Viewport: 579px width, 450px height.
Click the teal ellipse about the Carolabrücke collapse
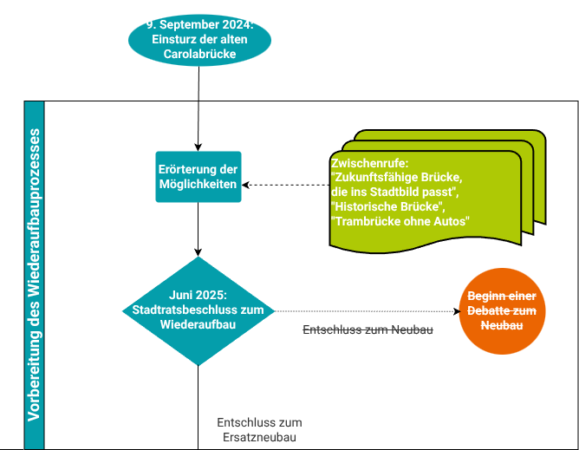(199, 39)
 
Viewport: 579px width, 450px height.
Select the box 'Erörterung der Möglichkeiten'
(198, 177)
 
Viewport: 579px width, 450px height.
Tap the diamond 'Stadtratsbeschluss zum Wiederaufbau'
(198, 310)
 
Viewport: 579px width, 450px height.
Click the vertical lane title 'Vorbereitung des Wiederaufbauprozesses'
(34, 275)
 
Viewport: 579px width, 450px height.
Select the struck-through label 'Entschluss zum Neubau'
(368, 330)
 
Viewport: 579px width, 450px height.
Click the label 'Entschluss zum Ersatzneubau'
(258, 430)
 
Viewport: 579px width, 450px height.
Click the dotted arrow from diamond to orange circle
(364, 310)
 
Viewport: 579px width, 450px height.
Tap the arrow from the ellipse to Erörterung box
(199, 104)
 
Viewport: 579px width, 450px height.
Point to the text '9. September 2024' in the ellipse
(199, 24)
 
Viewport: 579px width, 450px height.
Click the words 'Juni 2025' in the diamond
(199, 295)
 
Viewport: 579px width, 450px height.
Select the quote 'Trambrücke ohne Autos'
(400, 222)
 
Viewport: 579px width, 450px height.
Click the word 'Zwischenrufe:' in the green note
(369, 162)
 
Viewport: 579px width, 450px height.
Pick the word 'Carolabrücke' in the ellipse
(199, 54)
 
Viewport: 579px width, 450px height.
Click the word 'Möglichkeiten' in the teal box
(198, 185)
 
